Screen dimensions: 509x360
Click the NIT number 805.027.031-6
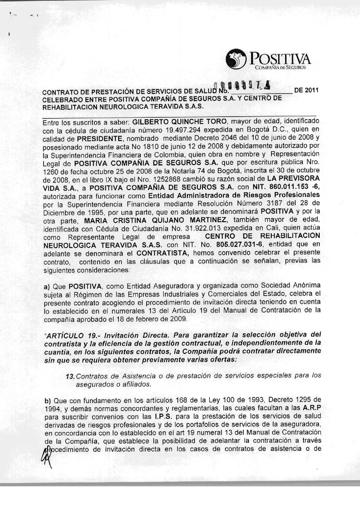(x=237, y=245)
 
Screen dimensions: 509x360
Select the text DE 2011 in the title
(x=306, y=90)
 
